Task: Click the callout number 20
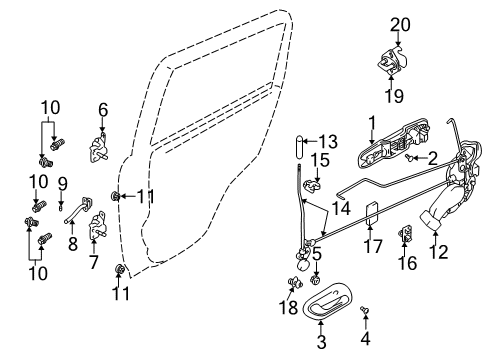(400, 23)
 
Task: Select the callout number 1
(370, 125)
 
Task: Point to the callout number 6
(102, 110)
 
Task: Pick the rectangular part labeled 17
(371, 214)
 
